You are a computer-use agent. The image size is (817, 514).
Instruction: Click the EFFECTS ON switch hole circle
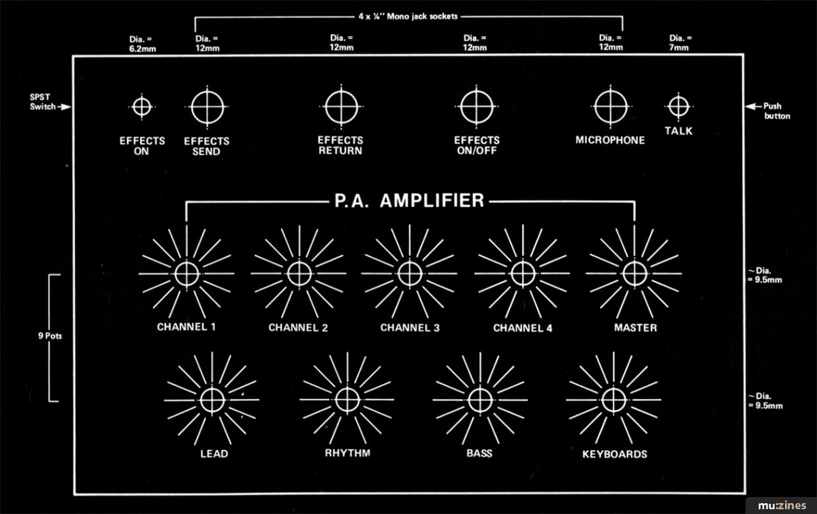click(x=142, y=98)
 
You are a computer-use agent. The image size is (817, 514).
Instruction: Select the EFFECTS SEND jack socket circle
click(x=207, y=91)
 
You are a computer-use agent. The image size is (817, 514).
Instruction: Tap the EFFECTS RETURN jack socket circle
click(x=341, y=91)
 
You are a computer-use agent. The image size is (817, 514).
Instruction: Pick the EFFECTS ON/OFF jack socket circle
click(x=477, y=91)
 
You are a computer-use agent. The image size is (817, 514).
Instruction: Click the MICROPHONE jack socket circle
click(x=611, y=91)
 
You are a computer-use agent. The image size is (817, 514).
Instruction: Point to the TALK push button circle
click(x=678, y=98)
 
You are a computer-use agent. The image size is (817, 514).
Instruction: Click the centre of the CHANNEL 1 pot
click(x=187, y=274)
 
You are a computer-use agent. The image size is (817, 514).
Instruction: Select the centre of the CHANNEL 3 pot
click(x=410, y=274)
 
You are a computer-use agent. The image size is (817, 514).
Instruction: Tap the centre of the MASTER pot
click(x=635, y=274)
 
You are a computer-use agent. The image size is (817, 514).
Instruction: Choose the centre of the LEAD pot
click(x=212, y=400)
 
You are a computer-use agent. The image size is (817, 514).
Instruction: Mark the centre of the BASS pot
click(x=481, y=400)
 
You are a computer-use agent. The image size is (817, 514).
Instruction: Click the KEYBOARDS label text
click(x=615, y=454)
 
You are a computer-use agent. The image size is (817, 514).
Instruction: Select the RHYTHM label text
click(x=348, y=453)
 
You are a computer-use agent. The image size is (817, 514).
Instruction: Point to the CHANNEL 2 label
click(x=298, y=327)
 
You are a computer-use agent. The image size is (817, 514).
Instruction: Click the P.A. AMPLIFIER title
click(x=409, y=201)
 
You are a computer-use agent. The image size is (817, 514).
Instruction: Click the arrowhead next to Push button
click(x=750, y=106)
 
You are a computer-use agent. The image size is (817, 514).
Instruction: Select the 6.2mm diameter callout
click(x=142, y=44)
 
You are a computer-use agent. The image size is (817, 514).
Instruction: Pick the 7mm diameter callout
click(x=680, y=43)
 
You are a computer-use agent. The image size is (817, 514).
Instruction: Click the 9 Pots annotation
click(x=50, y=336)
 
